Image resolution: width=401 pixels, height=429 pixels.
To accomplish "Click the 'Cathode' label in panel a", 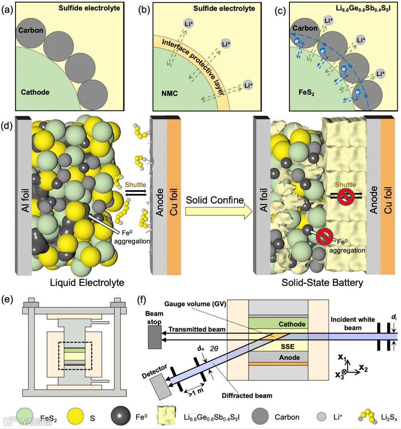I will [x=35, y=92].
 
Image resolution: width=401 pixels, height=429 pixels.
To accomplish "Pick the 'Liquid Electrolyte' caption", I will [x=87, y=283].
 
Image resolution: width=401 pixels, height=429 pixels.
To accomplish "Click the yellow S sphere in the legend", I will [x=75, y=416].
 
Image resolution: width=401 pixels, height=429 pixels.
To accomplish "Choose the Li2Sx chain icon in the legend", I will [x=368, y=416].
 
